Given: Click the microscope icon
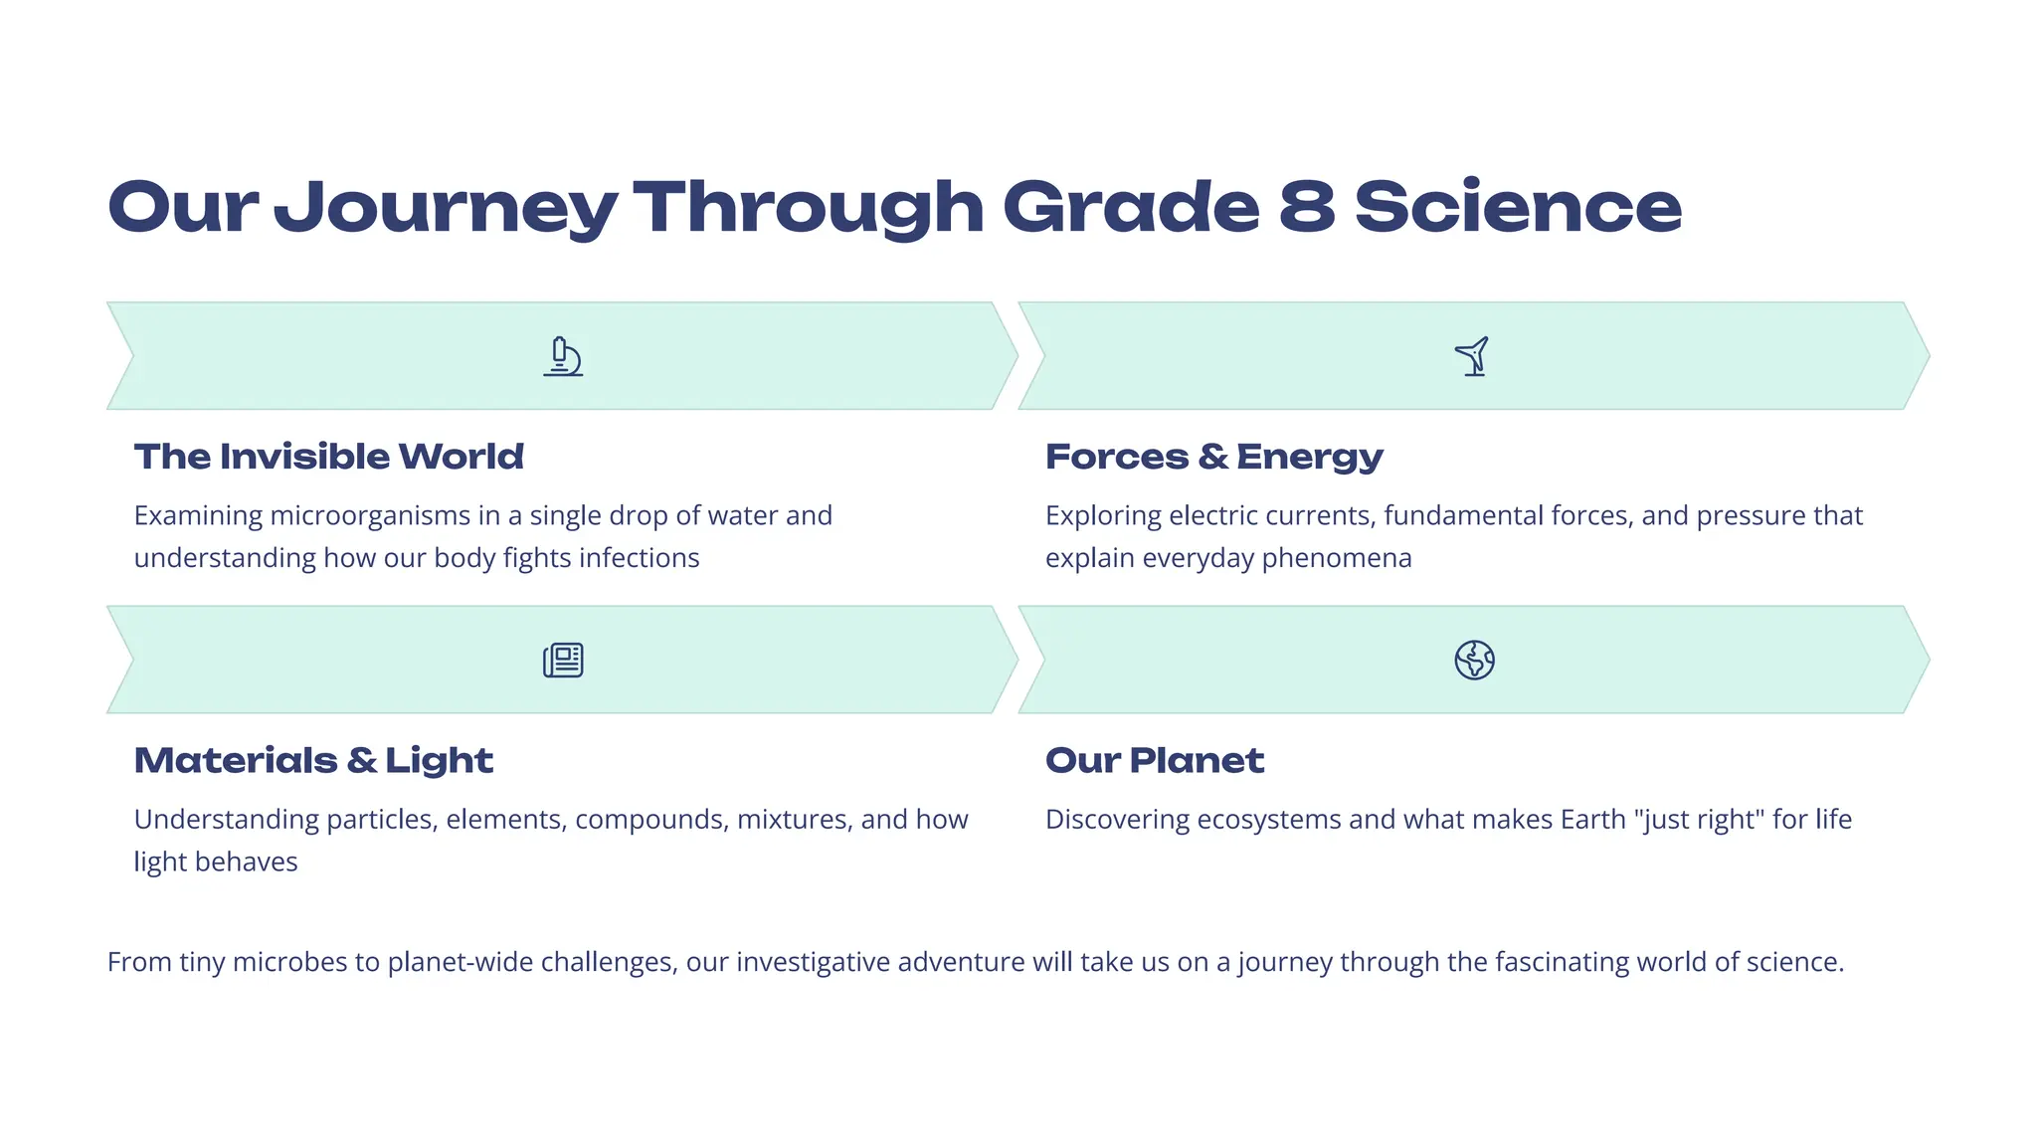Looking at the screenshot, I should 563,356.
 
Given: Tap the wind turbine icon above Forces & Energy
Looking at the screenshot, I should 1473,356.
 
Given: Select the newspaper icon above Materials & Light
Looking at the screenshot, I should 563,660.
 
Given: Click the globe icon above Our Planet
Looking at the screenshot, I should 1474,660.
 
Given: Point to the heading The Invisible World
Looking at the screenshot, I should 328,457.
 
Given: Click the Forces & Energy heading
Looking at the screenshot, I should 1213,457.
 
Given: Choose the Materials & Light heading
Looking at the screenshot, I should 313,760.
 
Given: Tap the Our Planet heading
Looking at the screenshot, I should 1154,760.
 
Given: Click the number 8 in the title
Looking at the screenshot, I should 1307,207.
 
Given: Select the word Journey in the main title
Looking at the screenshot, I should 445,209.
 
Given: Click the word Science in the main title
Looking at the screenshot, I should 1518,207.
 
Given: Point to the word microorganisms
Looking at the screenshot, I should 370,515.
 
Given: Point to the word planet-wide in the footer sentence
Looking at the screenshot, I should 460,962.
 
